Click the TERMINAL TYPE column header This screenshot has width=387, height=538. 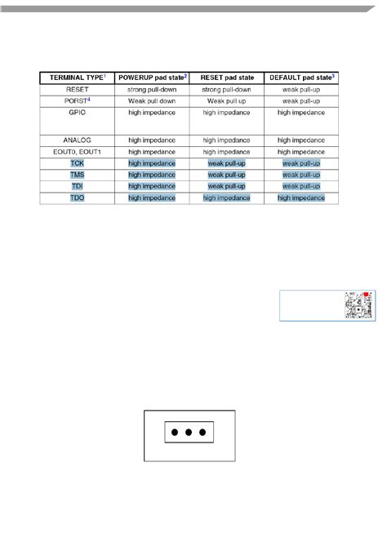78,77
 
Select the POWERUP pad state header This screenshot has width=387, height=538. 152,77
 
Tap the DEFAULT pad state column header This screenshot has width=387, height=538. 301,77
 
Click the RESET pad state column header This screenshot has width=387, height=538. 226,77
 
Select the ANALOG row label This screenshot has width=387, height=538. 78,140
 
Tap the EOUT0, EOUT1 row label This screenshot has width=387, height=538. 78,151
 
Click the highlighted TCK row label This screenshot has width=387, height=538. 78,163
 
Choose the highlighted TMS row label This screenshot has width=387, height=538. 78,175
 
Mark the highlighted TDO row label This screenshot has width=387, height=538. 78,198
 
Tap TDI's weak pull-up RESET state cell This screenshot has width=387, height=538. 226,186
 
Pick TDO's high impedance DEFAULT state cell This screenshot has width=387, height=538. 301,198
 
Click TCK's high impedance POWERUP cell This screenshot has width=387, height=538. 152,163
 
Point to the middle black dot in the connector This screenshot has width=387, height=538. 189,432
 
